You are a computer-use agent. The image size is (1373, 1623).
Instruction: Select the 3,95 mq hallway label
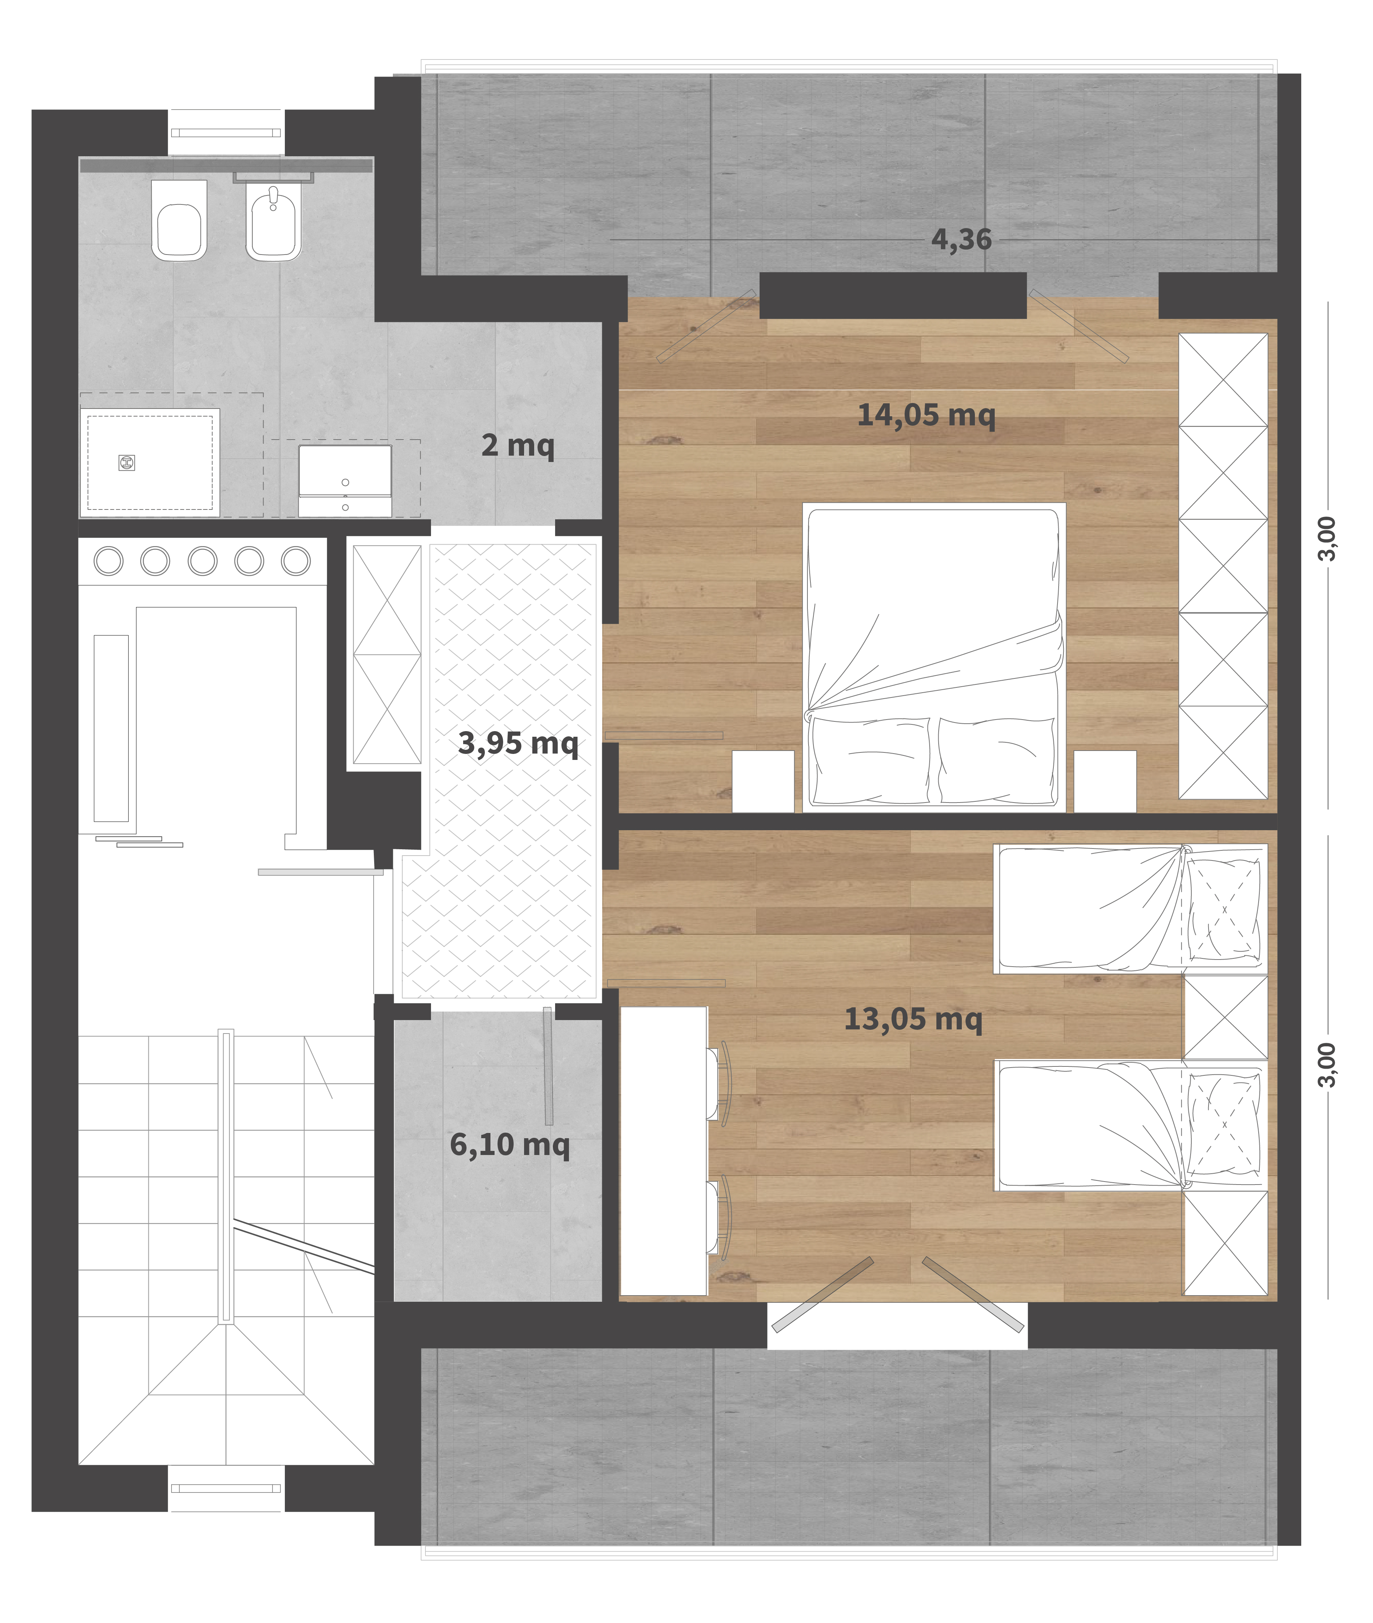(518, 743)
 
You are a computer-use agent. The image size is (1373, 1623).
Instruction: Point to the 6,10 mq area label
(510, 1144)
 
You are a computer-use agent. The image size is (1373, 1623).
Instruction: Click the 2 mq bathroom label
(518, 445)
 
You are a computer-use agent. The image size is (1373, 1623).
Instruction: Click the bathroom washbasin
(345, 480)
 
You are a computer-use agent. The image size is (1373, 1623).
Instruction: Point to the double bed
(934, 658)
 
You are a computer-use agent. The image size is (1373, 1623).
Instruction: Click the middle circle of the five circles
(202, 560)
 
